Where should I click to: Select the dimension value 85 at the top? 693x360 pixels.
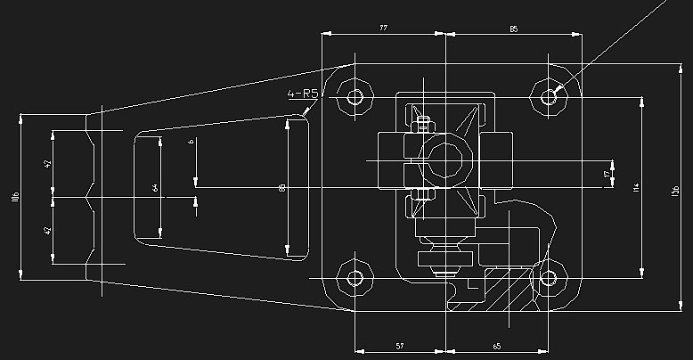(513, 29)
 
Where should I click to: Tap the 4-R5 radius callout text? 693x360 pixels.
(302, 94)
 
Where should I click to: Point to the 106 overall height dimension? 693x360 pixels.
(15, 196)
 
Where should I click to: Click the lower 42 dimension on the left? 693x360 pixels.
(48, 230)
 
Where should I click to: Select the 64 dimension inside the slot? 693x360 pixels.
(155, 187)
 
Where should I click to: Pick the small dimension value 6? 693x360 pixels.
(190, 143)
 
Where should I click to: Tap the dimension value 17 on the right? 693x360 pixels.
(607, 176)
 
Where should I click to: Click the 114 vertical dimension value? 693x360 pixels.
(636, 186)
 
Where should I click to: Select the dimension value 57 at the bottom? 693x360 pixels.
(399, 344)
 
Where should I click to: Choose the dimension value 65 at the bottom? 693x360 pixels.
(495, 344)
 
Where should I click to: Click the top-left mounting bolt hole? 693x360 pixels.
(356, 96)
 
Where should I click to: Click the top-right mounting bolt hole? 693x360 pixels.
(550, 96)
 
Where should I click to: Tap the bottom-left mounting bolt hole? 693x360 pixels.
(356, 278)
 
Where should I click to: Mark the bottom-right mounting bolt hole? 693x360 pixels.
(550, 278)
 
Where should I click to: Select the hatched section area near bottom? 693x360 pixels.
(508, 294)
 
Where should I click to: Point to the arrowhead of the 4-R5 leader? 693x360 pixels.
(306, 114)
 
